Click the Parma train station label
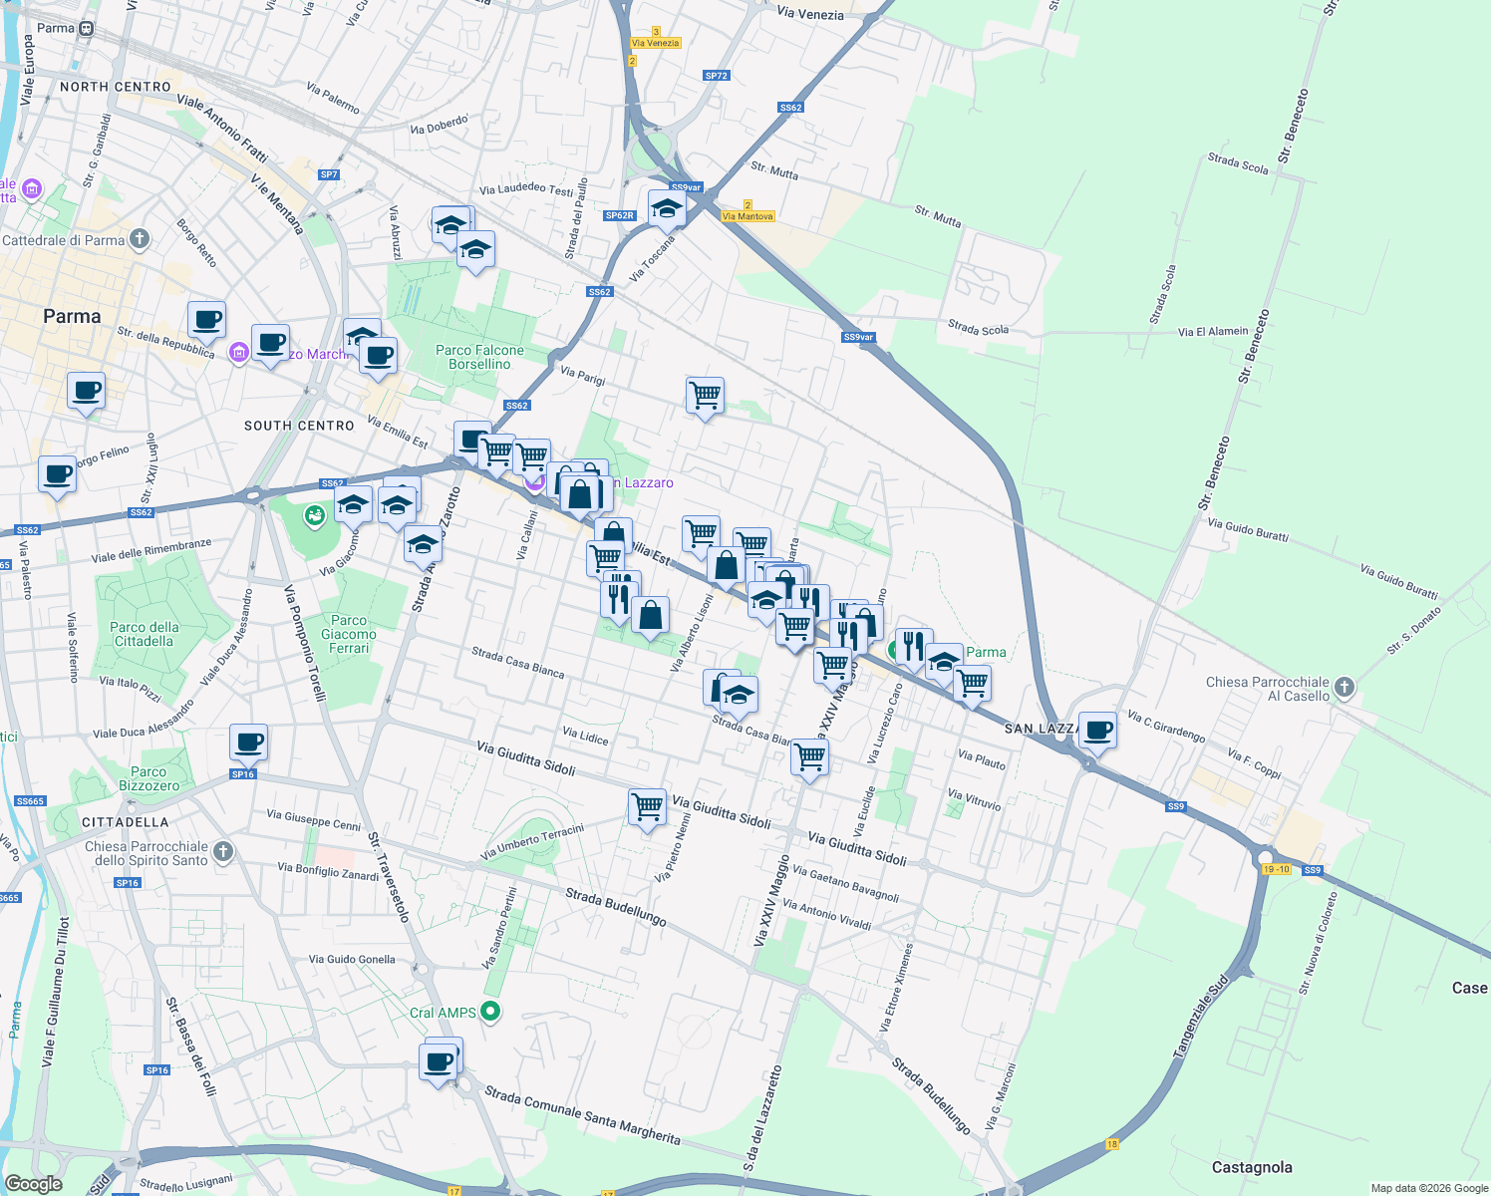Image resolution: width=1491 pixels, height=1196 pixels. [x=56, y=28]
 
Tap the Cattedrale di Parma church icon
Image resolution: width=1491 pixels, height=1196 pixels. [x=140, y=238]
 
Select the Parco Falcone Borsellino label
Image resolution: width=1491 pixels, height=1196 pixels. [x=479, y=357]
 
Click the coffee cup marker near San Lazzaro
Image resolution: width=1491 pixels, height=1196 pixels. [x=1097, y=731]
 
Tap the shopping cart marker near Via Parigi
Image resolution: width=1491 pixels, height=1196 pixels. [x=705, y=396]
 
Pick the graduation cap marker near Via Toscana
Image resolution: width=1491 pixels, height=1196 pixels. [x=666, y=209]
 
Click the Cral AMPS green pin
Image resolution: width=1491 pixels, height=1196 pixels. [x=489, y=1012]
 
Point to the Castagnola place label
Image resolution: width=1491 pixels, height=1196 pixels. [x=1251, y=1167]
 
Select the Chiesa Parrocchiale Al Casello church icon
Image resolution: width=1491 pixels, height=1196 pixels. [x=1343, y=687]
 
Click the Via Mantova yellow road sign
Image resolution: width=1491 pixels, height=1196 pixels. [x=747, y=216]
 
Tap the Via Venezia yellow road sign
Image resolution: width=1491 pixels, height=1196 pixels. [x=655, y=43]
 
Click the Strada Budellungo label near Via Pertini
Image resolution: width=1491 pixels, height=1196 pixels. [x=615, y=907]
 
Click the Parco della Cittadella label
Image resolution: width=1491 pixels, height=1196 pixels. [x=145, y=634]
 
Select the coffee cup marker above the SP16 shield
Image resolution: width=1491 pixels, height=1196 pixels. [x=248, y=742]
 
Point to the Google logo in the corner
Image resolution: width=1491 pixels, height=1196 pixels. [x=33, y=1183]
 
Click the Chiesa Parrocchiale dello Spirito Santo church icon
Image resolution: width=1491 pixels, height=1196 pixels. [x=223, y=851]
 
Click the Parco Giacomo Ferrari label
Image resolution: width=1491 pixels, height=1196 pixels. [x=349, y=634]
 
